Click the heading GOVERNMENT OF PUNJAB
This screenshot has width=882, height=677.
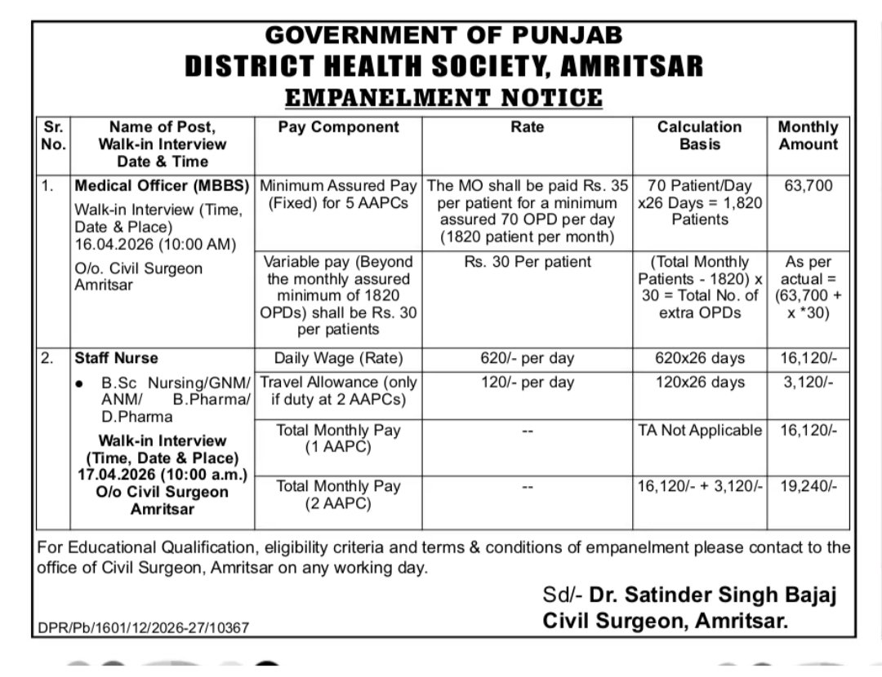(443, 35)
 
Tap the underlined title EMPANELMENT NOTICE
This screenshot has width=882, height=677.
(443, 97)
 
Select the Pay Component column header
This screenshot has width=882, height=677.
(338, 127)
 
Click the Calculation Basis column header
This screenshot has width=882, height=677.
(700, 135)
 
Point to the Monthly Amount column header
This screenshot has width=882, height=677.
(808, 135)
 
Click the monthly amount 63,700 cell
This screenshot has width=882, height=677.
(808, 186)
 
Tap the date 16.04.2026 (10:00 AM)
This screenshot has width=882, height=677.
(154, 244)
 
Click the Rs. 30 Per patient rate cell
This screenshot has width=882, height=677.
(527, 263)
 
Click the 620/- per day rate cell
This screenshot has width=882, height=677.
(527, 358)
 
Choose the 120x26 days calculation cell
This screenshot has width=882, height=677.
(700, 382)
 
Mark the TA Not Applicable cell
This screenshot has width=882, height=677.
(700, 430)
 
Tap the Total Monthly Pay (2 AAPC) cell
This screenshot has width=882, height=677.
(338, 494)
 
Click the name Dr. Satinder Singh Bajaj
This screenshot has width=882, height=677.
(714, 595)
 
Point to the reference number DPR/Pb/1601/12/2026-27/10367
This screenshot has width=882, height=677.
(143, 627)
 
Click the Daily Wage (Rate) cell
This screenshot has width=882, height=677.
(338, 358)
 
